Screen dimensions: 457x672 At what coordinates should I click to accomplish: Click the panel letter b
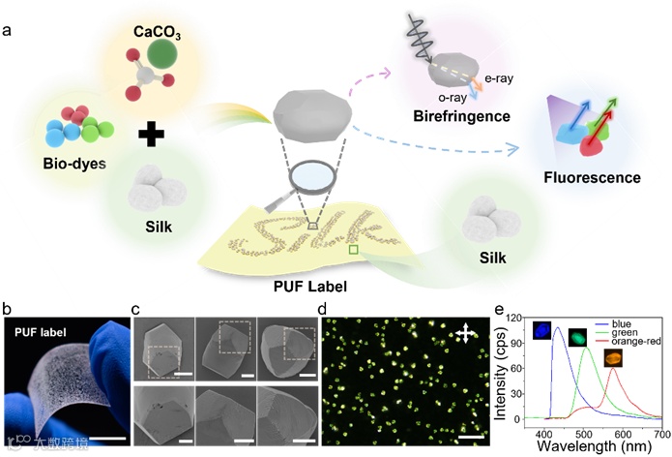click(9, 312)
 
